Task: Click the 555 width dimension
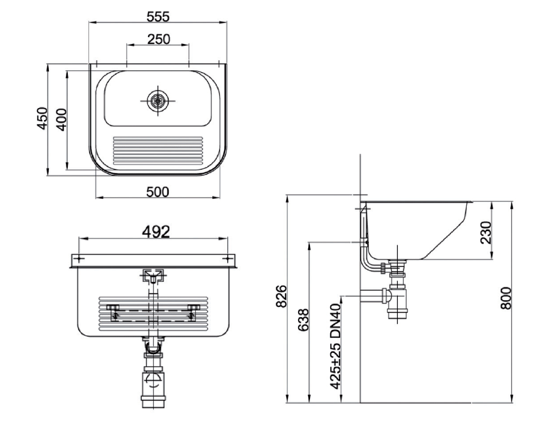point(158,17)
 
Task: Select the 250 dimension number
point(159,39)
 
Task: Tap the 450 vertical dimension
point(42,119)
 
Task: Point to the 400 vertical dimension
point(61,120)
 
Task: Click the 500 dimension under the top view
point(158,192)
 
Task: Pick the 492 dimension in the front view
point(156,232)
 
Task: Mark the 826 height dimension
point(281,296)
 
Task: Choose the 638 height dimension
point(304,320)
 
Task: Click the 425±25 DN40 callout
point(336,346)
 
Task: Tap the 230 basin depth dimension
point(486,232)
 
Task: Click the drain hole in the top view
point(158,100)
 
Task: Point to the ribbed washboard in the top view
point(158,151)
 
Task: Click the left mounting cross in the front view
point(78,258)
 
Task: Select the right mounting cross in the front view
point(228,258)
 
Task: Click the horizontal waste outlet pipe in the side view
point(372,295)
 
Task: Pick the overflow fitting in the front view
point(153,276)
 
